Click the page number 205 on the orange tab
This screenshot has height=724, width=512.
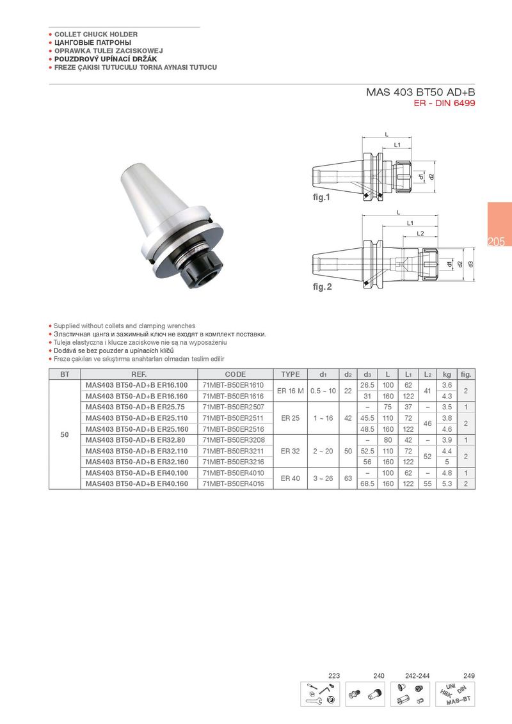[496, 242]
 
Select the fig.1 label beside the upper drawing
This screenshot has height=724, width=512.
[322, 197]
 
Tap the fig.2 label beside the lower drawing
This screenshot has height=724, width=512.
[322, 287]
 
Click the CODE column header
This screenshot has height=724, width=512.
[236, 374]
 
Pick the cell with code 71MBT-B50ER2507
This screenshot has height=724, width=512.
[234, 407]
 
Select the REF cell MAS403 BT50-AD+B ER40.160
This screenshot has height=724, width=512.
[137, 484]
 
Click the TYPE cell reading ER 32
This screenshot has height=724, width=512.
[290, 451]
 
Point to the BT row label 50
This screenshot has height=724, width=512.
[65, 434]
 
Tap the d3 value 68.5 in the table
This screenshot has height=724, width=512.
[367, 484]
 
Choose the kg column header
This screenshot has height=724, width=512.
[447, 374]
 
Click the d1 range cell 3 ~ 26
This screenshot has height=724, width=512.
[323, 478]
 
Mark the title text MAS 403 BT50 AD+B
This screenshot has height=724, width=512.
[420, 92]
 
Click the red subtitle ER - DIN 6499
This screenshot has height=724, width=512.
[445, 103]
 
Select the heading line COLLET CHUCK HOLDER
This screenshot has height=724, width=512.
[96, 34]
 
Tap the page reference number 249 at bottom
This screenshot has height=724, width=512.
[469, 675]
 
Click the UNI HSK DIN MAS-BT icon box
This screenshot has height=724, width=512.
[455, 694]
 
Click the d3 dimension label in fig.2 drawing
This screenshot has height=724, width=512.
[471, 264]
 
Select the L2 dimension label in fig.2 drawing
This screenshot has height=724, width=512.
[420, 233]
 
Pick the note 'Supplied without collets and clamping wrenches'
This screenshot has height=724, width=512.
[124, 326]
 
